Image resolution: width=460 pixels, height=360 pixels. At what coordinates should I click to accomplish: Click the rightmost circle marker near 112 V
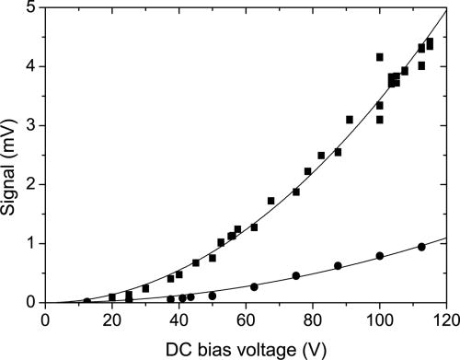coord(421,247)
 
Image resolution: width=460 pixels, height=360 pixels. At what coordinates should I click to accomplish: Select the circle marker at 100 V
coord(380,256)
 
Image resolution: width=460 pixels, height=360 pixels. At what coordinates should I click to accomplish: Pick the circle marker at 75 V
coord(296,275)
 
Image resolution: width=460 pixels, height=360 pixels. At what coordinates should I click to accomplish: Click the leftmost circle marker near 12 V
coord(87,301)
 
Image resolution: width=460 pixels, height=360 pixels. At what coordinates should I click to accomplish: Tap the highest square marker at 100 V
coord(380,57)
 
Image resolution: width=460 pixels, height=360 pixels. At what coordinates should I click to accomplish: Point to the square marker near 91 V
coord(350,120)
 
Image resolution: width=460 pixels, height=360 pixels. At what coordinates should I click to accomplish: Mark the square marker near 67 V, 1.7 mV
coord(271,201)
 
